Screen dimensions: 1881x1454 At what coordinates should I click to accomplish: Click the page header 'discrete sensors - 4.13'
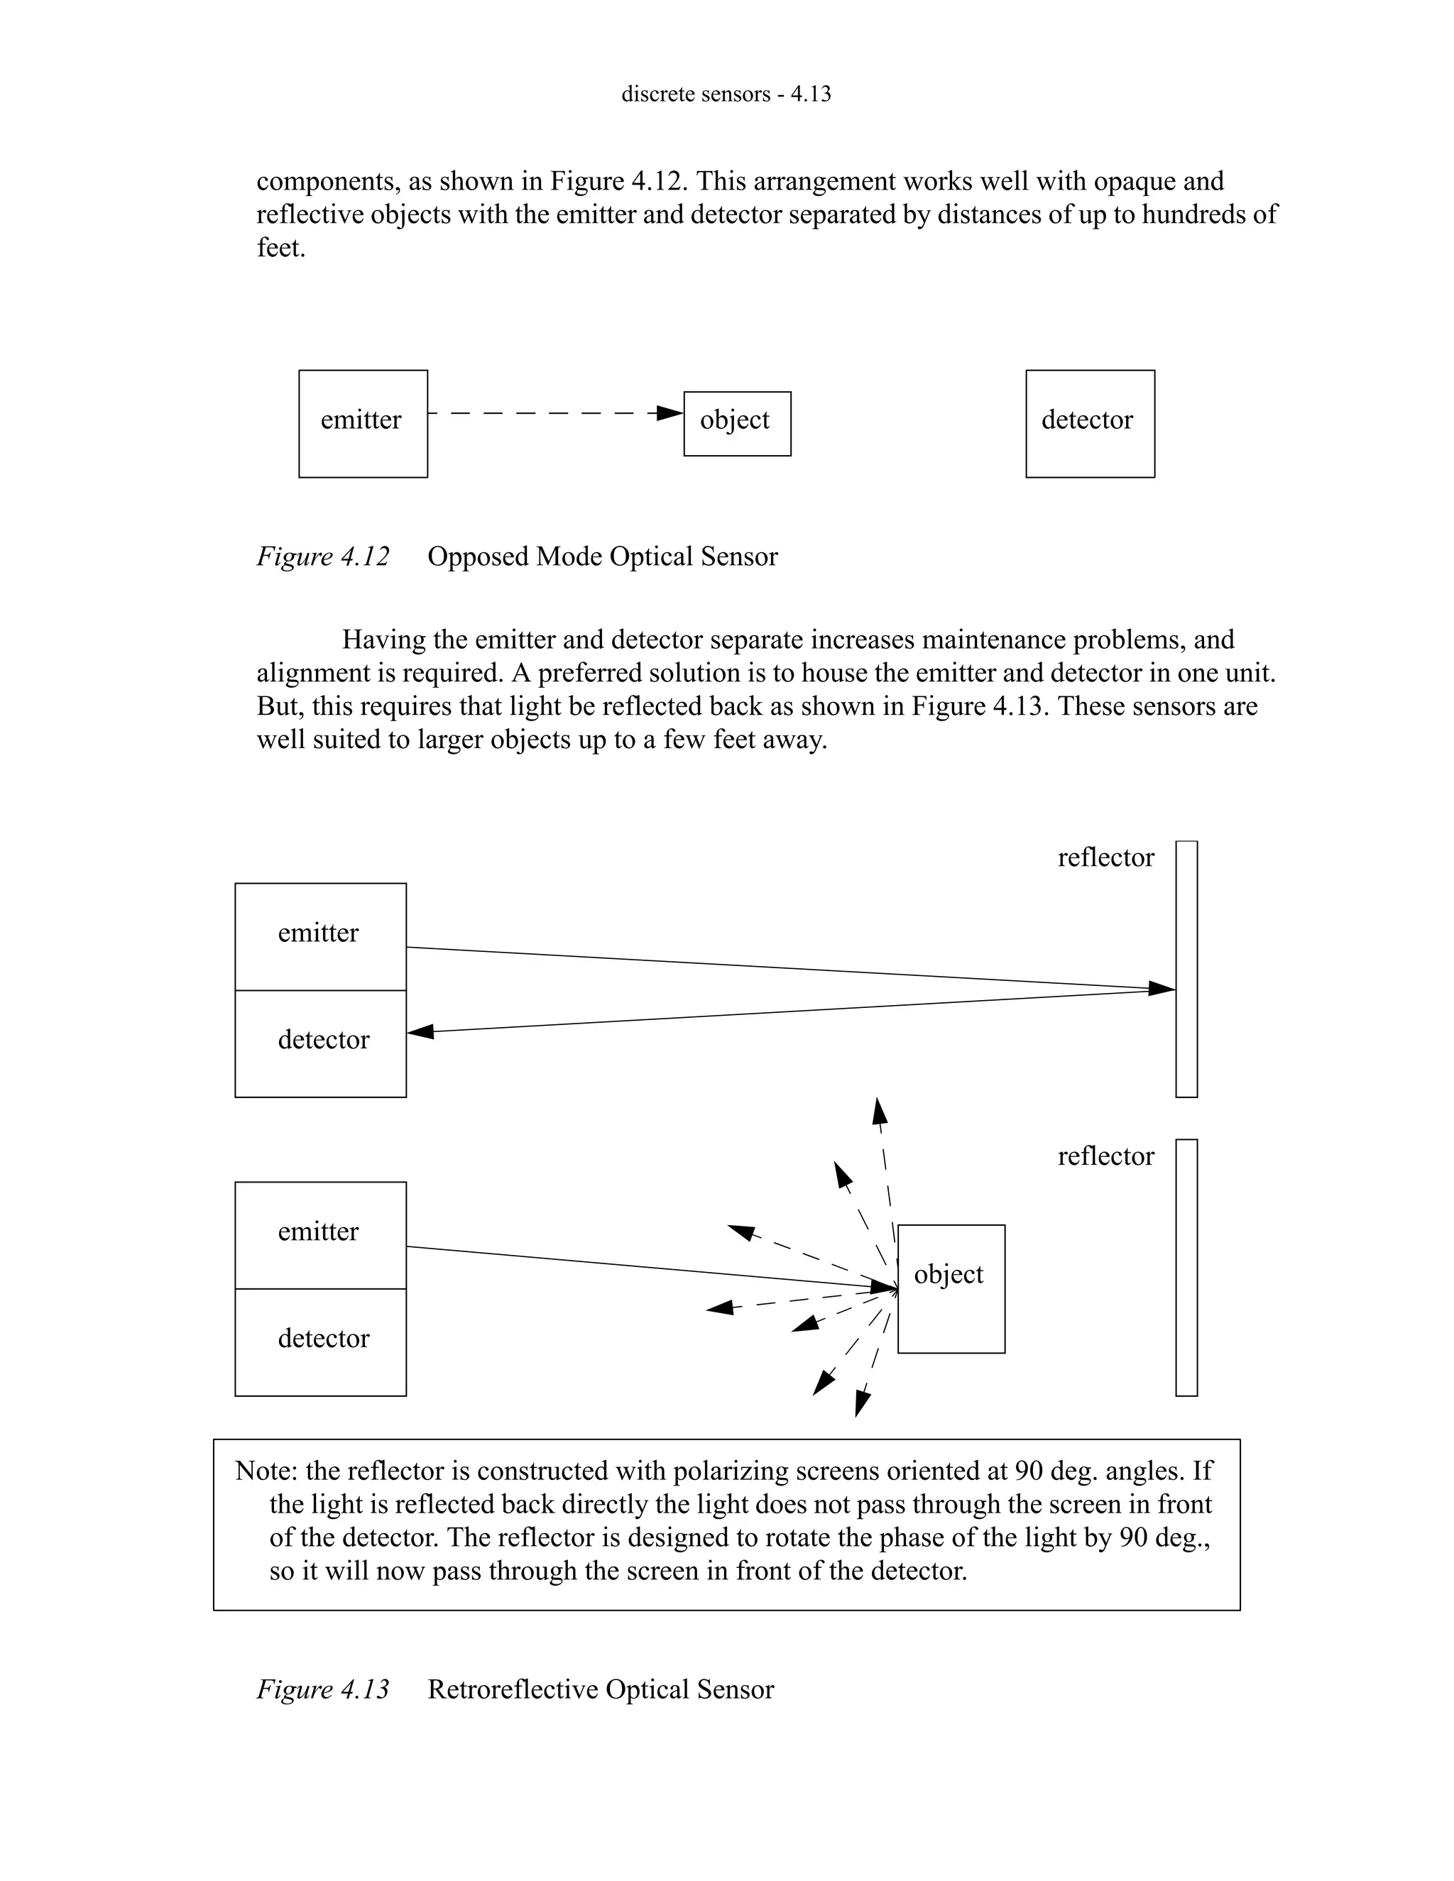(726, 94)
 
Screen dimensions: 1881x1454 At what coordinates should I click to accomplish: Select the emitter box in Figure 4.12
(363, 424)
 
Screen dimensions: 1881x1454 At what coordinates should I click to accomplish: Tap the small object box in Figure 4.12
(736, 423)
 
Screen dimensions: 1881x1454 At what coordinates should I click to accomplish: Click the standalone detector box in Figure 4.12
(1090, 424)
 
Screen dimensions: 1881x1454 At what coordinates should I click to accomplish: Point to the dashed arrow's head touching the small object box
(670, 413)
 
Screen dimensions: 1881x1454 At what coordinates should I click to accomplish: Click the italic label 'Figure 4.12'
(323, 556)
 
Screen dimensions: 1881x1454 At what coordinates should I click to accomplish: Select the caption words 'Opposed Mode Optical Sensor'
(602, 556)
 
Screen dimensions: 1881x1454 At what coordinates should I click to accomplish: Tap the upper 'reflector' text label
(1105, 857)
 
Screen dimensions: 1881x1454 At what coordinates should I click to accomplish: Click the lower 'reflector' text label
(1105, 1156)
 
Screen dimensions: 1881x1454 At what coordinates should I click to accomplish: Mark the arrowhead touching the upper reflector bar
(1163, 989)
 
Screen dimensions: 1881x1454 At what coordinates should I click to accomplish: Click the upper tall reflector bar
(1186, 969)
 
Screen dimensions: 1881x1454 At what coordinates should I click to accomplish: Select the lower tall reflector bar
(1186, 1267)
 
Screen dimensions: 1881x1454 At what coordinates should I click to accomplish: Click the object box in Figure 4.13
(951, 1288)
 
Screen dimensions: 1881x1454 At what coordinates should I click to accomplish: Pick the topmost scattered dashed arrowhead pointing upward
(879, 1111)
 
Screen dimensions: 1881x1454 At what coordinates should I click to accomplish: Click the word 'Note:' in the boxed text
(266, 1471)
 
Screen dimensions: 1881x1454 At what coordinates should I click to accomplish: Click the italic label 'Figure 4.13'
(323, 1689)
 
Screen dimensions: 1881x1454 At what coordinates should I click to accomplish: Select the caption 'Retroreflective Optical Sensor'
(601, 1689)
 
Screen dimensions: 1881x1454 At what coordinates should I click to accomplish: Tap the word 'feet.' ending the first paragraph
(281, 248)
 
